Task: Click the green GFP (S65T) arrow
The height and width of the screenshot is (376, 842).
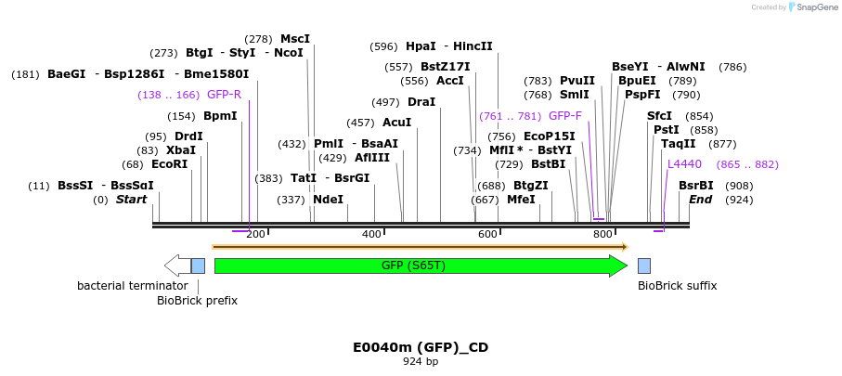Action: (420, 266)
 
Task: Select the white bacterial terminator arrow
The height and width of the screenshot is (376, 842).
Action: (176, 266)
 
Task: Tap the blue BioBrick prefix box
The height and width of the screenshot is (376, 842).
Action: (198, 266)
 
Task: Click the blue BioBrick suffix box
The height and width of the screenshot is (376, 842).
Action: (644, 266)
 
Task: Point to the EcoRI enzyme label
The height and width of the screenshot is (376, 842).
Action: (169, 164)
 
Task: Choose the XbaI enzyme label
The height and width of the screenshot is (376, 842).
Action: (180, 150)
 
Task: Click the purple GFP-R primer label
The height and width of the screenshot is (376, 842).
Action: (224, 95)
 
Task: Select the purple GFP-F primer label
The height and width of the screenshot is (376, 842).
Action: (564, 116)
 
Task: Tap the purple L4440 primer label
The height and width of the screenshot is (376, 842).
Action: (684, 164)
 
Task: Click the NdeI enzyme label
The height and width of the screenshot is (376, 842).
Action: (328, 200)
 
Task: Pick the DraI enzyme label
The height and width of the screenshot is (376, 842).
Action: (421, 102)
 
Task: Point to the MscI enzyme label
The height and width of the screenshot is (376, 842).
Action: (295, 39)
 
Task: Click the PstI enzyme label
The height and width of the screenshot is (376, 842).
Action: (666, 130)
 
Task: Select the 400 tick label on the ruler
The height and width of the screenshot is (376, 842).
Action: (371, 234)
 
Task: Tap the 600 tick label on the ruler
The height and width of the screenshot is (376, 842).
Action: (488, 234)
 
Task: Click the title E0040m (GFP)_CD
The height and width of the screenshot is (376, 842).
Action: (421, 347)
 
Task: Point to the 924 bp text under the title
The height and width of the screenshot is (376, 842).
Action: (421, 362)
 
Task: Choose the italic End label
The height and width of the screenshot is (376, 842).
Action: (700, 200)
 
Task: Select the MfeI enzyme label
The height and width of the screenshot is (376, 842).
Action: (521, 200)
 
